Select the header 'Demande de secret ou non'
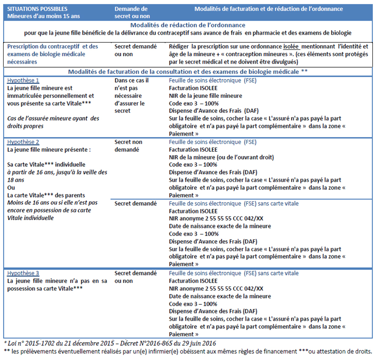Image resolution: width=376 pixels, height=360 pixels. coord(131,12)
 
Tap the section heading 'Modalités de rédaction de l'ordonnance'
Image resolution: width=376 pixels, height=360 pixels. coord(188,25)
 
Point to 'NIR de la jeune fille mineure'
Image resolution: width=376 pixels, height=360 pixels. coord(205,96)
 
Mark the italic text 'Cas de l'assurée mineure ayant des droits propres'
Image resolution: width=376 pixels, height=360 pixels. coord(53,122)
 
